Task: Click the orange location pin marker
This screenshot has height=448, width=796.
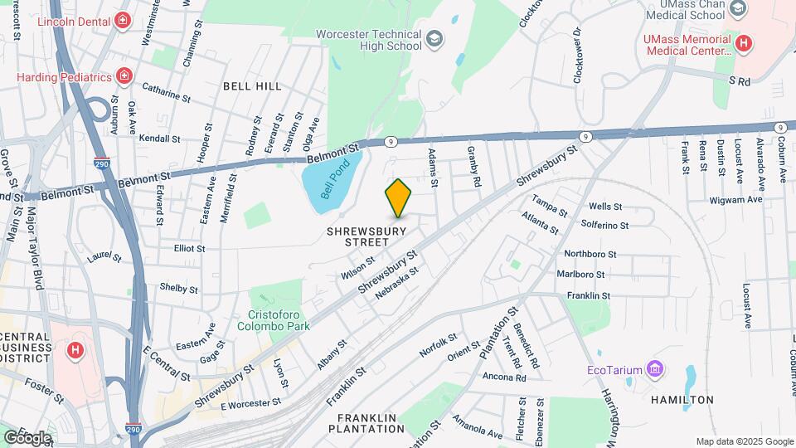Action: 399,197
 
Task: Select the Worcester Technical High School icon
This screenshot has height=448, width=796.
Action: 434,39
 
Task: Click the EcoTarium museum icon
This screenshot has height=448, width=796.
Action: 655,368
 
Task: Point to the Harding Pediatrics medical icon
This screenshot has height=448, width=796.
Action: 124,77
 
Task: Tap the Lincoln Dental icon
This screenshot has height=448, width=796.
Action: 123,19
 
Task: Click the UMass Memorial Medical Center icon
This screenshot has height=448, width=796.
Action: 744,43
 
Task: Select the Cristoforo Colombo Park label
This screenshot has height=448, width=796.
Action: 279,319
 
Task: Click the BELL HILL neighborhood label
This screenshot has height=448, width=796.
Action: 252,85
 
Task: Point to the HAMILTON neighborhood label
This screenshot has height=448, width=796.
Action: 682,399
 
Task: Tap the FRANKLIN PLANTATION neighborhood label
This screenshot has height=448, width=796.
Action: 366,422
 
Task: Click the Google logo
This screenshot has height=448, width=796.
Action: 27,437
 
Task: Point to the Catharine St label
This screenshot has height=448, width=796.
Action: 166,91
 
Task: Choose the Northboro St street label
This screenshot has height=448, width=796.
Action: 590,254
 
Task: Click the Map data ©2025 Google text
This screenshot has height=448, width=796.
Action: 745,441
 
